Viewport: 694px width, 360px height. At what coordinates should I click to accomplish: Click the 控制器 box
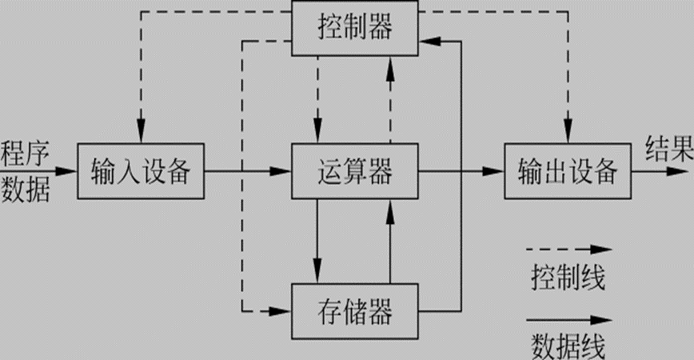355,29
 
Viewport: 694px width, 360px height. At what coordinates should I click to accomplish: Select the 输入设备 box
141,171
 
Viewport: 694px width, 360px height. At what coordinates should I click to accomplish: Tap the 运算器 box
355,171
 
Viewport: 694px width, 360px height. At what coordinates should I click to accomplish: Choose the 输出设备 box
568,171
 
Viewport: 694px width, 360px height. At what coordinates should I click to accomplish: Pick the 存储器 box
355,310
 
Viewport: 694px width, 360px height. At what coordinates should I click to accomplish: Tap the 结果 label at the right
668,149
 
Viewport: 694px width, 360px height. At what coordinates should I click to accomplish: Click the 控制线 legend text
568,278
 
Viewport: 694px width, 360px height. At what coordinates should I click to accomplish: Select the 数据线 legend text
568,346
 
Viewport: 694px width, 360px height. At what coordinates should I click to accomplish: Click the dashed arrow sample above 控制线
568,250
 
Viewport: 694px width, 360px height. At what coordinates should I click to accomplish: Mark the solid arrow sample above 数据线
568,319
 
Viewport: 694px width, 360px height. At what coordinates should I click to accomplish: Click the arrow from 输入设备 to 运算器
248,171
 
